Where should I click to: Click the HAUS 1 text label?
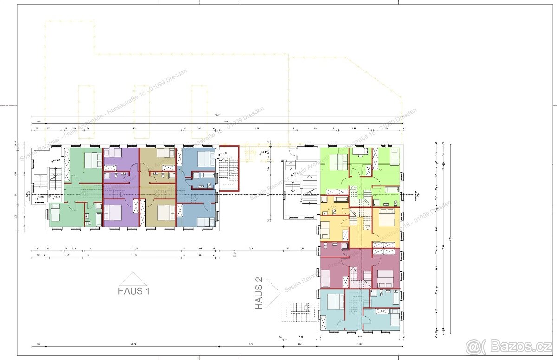point(134,291)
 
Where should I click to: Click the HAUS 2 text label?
point(259,293)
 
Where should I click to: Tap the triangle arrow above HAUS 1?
point(133,279)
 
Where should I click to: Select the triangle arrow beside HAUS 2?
point(274,292)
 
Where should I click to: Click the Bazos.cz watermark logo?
point(509,346)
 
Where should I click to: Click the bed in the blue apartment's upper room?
point(206,159)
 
